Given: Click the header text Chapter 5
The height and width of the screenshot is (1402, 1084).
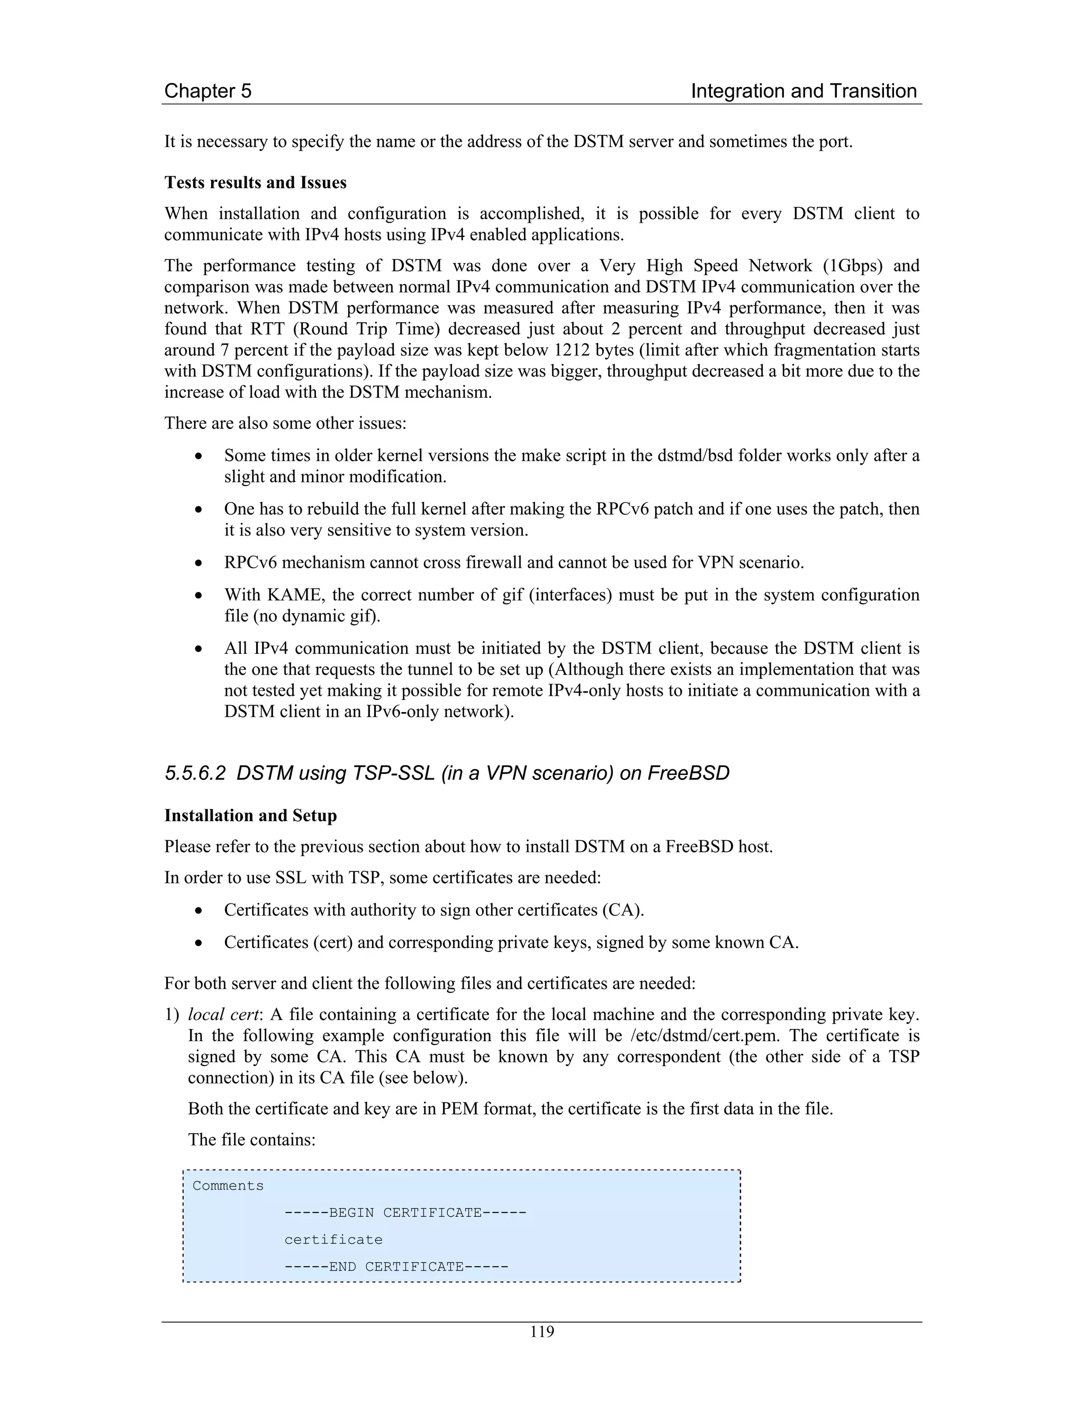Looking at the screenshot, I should [207, 91].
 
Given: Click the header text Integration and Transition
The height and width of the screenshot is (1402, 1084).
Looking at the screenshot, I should [803, 91].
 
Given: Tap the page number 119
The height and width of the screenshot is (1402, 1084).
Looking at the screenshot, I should [541, 1332].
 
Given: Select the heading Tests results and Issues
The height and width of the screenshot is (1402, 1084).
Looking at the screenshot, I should [255, 183].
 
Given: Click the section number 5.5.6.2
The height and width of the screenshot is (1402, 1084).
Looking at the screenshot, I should [195, 773].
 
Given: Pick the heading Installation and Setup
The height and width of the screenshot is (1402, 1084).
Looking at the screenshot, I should [250, 816].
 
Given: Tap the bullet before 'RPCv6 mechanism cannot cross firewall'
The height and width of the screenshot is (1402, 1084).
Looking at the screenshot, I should [200, 563].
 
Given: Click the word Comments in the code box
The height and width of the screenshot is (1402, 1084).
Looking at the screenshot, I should [228, 1186].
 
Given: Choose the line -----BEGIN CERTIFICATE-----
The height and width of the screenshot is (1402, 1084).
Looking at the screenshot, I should [405, 1213].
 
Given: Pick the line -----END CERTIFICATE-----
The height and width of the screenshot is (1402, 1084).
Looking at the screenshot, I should [396, 1267].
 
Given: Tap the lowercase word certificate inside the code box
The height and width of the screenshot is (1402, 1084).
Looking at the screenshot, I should [333, 1240].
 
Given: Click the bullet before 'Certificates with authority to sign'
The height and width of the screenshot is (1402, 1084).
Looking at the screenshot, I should [200, 911].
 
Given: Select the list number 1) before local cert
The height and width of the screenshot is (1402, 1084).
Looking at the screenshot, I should [171, 1015].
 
